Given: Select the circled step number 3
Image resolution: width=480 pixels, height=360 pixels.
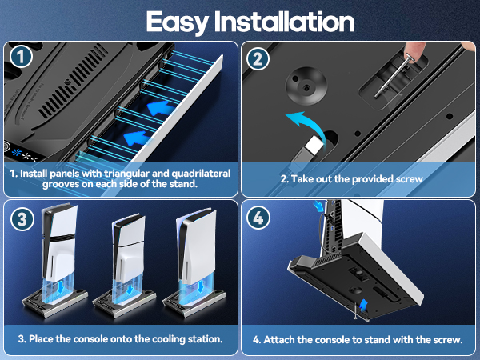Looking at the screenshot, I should click(x=22, y=218).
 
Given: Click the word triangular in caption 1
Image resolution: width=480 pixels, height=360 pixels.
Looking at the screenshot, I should click(x=131, y=173).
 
